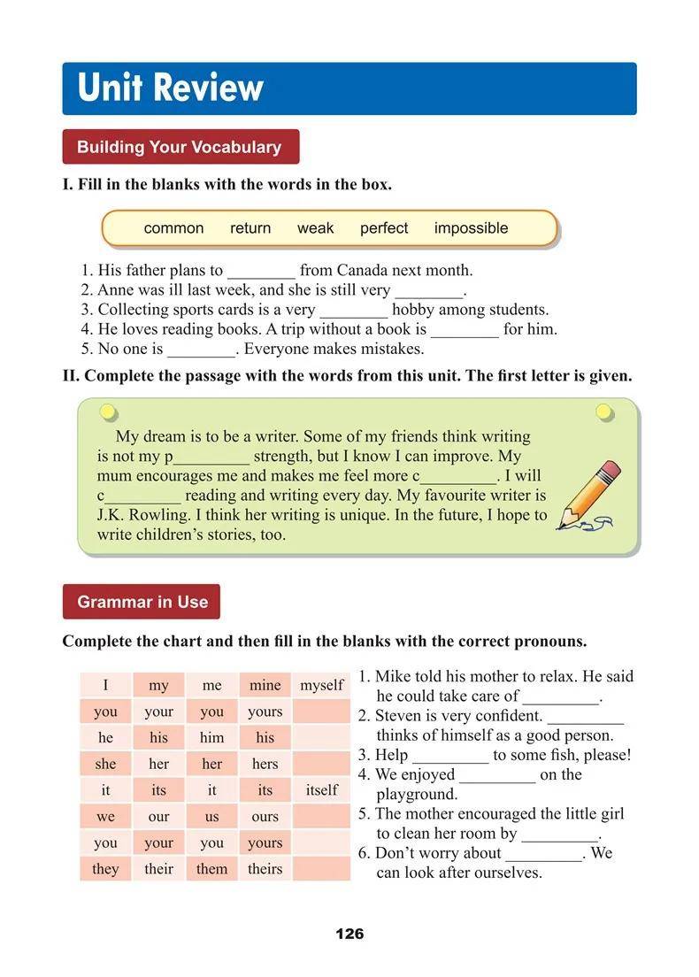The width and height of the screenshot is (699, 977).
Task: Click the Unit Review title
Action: pos(170,88)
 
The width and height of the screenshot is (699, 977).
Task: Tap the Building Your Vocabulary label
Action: pos(180,147)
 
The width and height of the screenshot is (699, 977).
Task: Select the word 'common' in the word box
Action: pos(173,228)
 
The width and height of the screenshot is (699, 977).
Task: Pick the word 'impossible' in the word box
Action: pos(471,228)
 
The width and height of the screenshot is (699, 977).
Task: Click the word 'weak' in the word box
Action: pos(315,228)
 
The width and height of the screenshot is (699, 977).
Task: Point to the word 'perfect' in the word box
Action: pos(384,228)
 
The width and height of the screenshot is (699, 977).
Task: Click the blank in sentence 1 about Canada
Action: pos(261,272)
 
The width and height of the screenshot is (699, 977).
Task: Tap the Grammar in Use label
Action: pos(142,602)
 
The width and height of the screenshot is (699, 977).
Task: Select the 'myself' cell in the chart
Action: pos(321,685)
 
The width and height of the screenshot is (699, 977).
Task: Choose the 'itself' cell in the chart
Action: pos(321,790)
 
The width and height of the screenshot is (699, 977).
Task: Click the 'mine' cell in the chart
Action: pos(265,685)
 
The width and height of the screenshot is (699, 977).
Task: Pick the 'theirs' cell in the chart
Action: pos(265,869)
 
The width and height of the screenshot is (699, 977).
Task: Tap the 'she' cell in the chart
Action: pos(105,764)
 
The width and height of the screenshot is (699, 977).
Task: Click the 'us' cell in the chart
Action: pos(211,816)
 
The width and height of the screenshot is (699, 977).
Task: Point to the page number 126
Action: pos(349,934)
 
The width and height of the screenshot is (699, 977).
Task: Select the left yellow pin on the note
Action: pos(108,412)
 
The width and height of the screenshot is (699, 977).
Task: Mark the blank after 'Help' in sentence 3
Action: pos(449,757)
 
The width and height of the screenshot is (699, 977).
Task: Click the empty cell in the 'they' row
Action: pos(321,869)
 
